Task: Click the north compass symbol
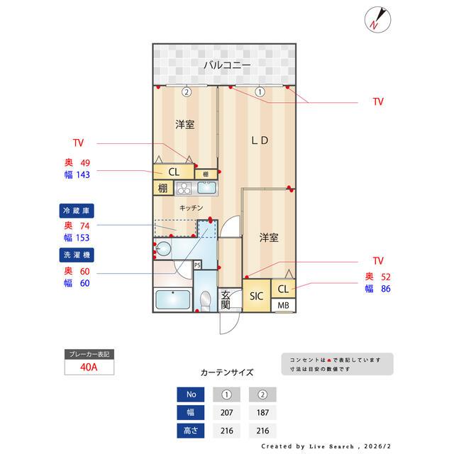click(x=376, y=19)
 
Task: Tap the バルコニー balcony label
click(x=227, y=65)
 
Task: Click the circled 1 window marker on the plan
click(x=260, y=92)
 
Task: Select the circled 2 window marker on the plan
click(x=186, y=92)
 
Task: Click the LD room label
click(x=260, y=140)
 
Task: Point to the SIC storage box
click(x=256, y=297)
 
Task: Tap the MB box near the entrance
click(x=283, y=306)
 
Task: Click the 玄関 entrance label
click(x=226, y=299)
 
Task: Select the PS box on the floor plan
click(x=197, y=265)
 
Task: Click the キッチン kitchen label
click(x=192, y=208)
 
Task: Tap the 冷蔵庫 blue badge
click(x=77, y=211)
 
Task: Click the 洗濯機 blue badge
click(x=77, y=253)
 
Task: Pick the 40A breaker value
click(x=89, y=367)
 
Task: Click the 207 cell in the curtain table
click(x=227, y=412)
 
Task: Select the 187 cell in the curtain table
click(x=262, y=412)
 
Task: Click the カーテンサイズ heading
click(x=227, y=372)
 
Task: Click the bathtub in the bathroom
click(x=172, y=299)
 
